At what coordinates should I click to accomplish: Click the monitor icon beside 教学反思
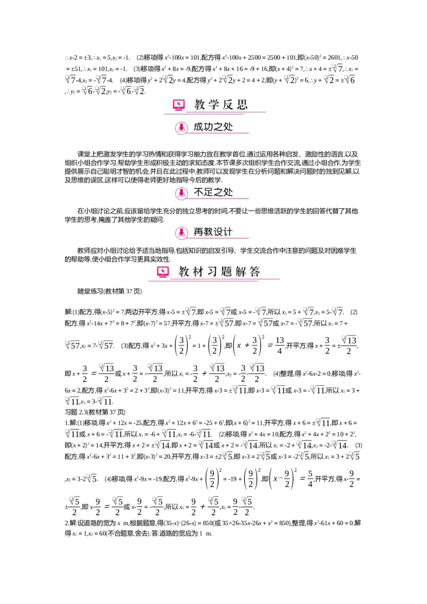pyautogui.click(x=179, y=105)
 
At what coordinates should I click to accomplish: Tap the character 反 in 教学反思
pyautogui.click(x=228, y=105)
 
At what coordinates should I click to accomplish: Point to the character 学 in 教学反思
pyautogui.click(x=213, y=105)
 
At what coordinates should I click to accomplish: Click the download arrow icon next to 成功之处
pyautogui.click(x=181, y=128)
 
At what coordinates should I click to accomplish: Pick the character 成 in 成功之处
pyautogui.click(x=199, y=127)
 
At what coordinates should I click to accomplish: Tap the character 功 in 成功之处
pyautogui.click(x=209, y=127)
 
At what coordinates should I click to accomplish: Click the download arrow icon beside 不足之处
pyautogui.click(x=181, y=193)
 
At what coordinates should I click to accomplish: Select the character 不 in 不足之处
pyautogui.click(x=199, y=193)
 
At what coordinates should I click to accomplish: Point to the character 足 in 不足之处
pyautogui.click(x=209, y=193)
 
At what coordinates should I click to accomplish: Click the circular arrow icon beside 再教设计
pyautogui.click(x=181, y=233)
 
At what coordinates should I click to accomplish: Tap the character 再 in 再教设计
pyautogui.click(x=199, y=232)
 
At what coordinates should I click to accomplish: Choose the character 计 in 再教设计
pyautogui.click(x=228, y=232)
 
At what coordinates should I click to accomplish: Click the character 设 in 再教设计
pyautogui.click(x=219, y=232)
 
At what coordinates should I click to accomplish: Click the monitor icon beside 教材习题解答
pyautogui.click(x=163, y=272)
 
